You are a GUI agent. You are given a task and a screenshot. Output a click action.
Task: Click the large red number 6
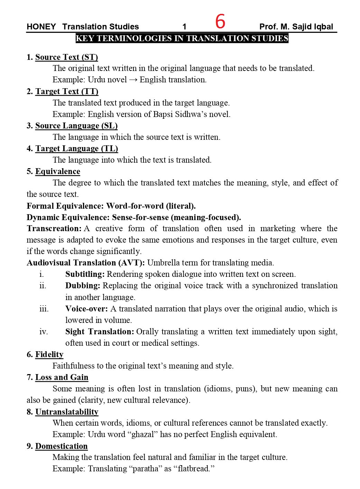(x=220, y=21)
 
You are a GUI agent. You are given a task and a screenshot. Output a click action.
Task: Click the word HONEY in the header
(x=41, y=27)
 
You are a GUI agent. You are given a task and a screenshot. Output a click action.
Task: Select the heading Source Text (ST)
(x=66, y=57)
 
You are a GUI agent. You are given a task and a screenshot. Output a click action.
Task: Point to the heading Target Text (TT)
(x=67, y=91)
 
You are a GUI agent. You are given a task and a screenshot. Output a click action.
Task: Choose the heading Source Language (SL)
(x=76, y=126)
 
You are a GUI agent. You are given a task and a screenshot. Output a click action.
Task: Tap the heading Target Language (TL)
(x=76, y=148)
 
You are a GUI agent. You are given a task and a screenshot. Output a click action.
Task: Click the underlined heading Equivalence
(x=57, y=171)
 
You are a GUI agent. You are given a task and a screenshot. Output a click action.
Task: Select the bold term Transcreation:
(x=54, y=228)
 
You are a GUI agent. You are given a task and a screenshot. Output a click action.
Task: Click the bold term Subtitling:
(x=85, y=274)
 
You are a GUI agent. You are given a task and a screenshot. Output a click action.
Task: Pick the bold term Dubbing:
(x=83, y=286)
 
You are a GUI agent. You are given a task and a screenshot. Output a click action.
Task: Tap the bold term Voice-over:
(x=86, y=308)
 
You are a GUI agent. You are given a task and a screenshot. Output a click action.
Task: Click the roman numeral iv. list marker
(x=43, y=332)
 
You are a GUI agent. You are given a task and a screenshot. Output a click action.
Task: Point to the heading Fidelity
(x=49, y=354)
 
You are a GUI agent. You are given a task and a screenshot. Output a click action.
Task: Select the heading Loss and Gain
(x=62, y=377)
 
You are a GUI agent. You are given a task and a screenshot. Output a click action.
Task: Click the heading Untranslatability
(x=67, y=411)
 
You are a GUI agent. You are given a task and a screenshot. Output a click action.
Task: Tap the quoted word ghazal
(x=143, y=434)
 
